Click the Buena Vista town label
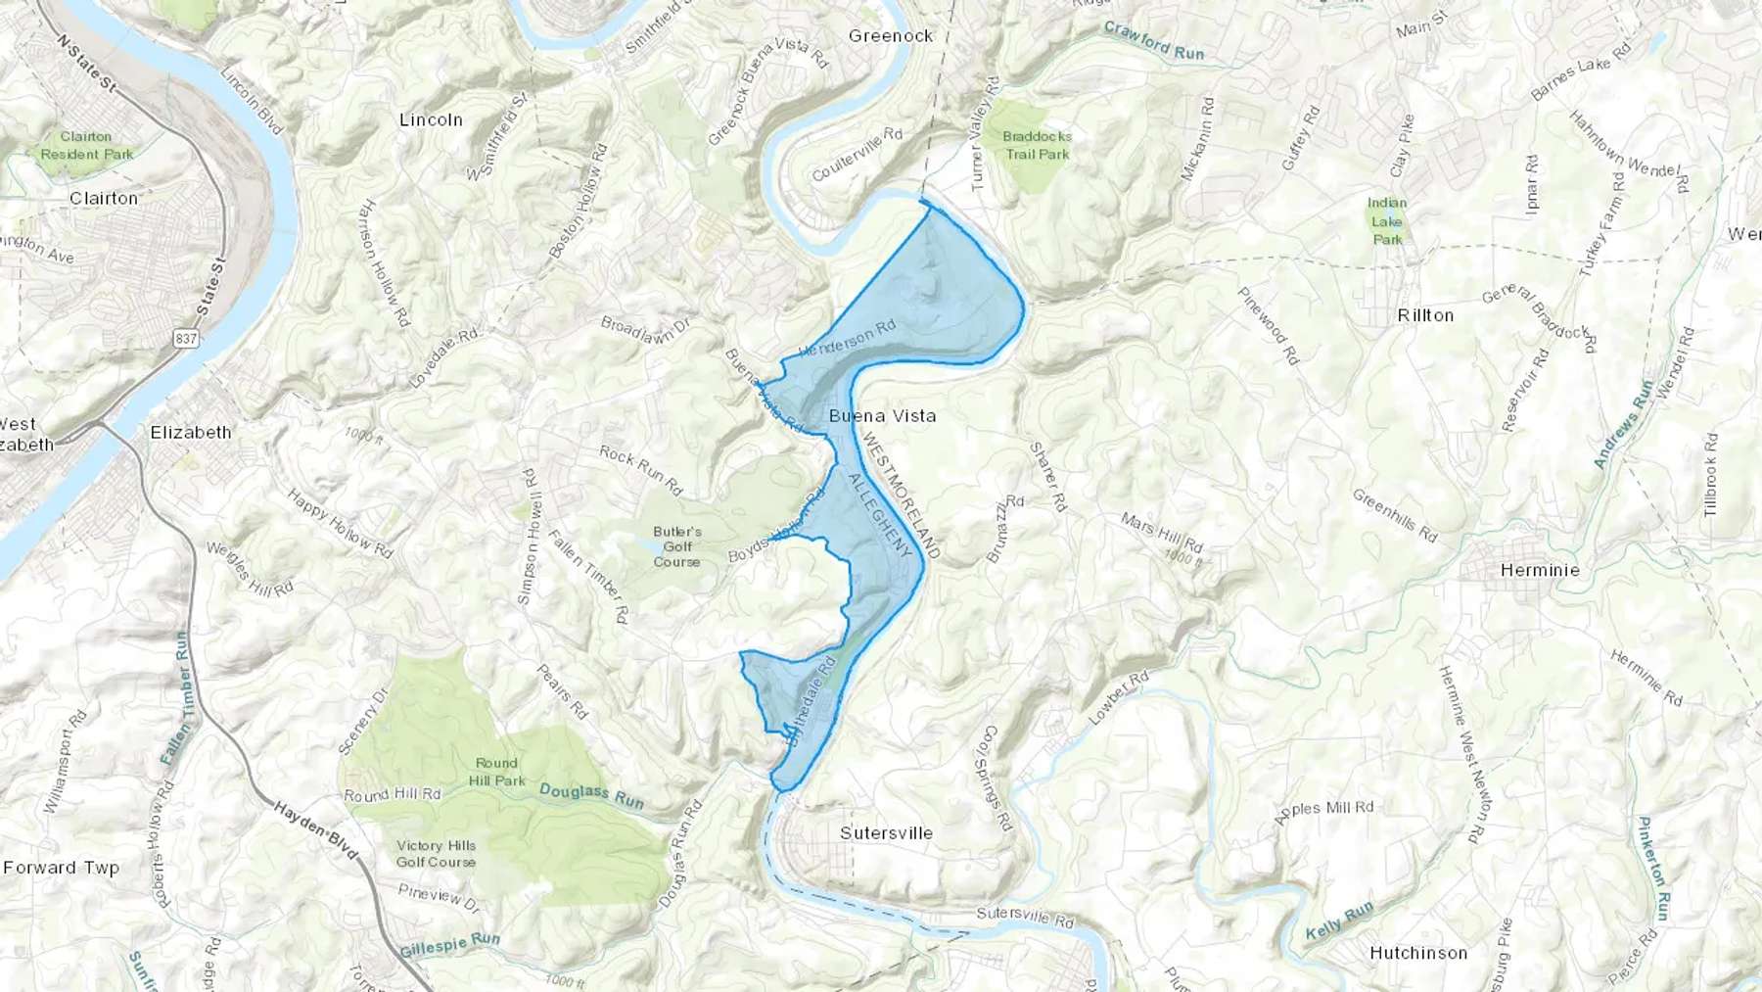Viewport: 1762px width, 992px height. tap(882, 416)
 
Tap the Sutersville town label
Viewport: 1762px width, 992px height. tap(886, 833)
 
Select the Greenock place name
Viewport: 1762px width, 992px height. tap(891, 36)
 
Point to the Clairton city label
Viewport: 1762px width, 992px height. tap(104, 198)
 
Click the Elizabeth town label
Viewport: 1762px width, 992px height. tap(191, 433)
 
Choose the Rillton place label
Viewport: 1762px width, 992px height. tap(1425, 315)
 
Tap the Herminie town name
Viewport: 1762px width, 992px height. tap(1540, 570)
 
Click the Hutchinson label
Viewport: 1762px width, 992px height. tap(1418, 953)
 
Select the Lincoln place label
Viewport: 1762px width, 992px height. tap(431, 120)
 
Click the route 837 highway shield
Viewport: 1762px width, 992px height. tap(186, 339)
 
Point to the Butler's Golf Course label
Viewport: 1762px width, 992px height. tap(677, 547)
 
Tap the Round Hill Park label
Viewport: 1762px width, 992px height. tap(496, 772)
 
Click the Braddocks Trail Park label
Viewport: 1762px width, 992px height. tap(1037, 145)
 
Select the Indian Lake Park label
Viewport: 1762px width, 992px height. tap(1387, 220)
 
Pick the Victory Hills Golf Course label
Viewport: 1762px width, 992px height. tap(436, 854)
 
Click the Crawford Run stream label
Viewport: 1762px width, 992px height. tap(1154, 41)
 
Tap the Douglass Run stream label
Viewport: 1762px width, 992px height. tap(591, 796)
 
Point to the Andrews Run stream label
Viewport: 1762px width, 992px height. tap(1623, 424)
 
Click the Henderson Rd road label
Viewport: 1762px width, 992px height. tap(848, 338)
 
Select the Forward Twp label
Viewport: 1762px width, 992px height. tap(61, 868)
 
